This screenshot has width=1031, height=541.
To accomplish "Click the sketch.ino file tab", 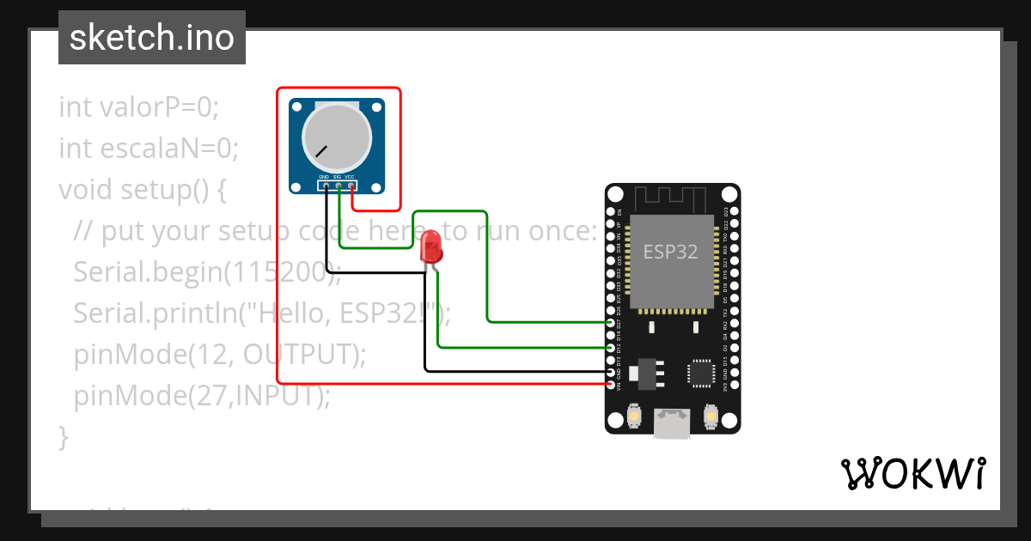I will [151, 38].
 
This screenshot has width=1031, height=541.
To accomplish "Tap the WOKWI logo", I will [912, 473].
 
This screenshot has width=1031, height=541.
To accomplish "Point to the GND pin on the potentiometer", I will [326, 185].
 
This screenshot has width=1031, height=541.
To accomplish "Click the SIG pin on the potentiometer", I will [339, 185].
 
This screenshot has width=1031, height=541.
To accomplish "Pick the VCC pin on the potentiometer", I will [351, 185].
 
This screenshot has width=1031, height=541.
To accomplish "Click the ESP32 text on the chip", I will [671, 252].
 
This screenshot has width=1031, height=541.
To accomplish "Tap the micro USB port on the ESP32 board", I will [671, 422].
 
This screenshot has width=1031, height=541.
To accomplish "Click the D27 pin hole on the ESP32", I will [610, 322].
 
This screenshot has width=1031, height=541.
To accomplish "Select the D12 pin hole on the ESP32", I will [610, 347].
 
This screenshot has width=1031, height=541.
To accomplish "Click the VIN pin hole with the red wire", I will [610, 384].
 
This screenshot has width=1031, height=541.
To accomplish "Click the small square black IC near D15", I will [701, 373].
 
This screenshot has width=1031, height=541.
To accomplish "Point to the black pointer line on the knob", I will [321, 152].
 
